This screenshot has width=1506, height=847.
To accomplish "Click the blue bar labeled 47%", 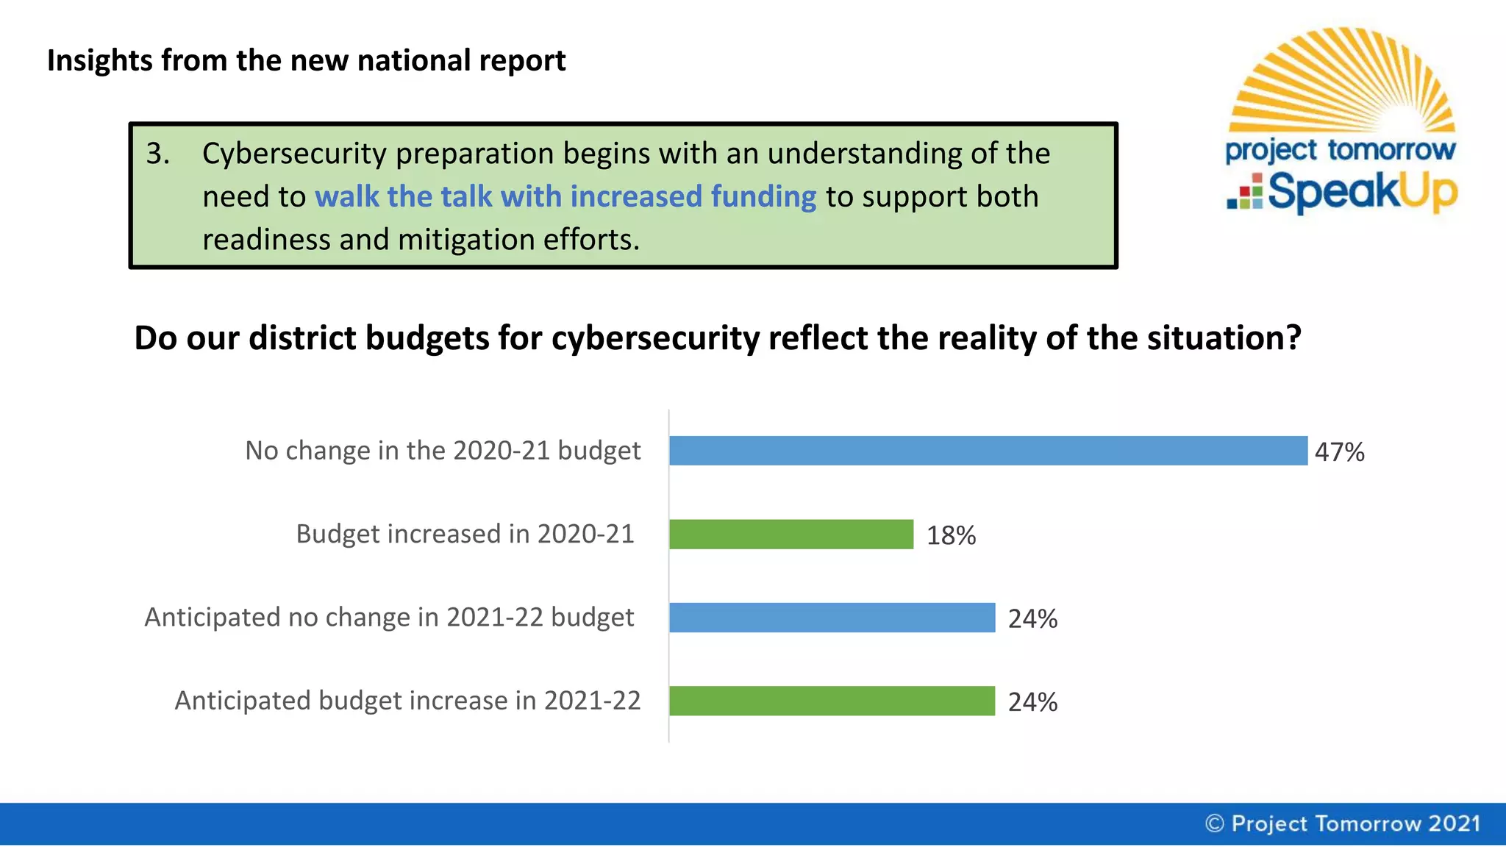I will tap(988, 451).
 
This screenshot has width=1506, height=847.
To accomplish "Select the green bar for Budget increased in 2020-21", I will tap(791, 535).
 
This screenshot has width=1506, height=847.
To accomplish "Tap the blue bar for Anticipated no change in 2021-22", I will tap(831, 618).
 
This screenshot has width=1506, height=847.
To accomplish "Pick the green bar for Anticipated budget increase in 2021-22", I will tap(831, 701).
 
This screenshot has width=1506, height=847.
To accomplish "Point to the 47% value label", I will tap(1339, 451).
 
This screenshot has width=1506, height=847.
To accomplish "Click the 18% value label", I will tap(951, 535).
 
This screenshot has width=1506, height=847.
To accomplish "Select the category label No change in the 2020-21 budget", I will tap(443, 450).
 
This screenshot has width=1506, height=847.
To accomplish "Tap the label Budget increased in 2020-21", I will tap(465, 534).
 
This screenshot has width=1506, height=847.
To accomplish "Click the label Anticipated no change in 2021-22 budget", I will tap(389, 617).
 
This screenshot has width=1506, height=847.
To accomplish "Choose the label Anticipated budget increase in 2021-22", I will tap(407, 701).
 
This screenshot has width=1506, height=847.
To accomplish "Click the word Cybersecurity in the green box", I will tap(294, 154).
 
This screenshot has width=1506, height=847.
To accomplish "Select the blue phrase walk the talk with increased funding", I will tap(565, 197).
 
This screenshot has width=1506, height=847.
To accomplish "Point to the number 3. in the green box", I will tap(157, 154).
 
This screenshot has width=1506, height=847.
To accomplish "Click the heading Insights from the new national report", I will tap(306, 60).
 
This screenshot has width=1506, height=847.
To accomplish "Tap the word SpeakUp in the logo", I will tap(1362, 193).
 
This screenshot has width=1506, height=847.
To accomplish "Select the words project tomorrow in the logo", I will tap(1340, 151).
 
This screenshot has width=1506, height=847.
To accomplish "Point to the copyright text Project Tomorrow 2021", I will tap(1343, 823).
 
